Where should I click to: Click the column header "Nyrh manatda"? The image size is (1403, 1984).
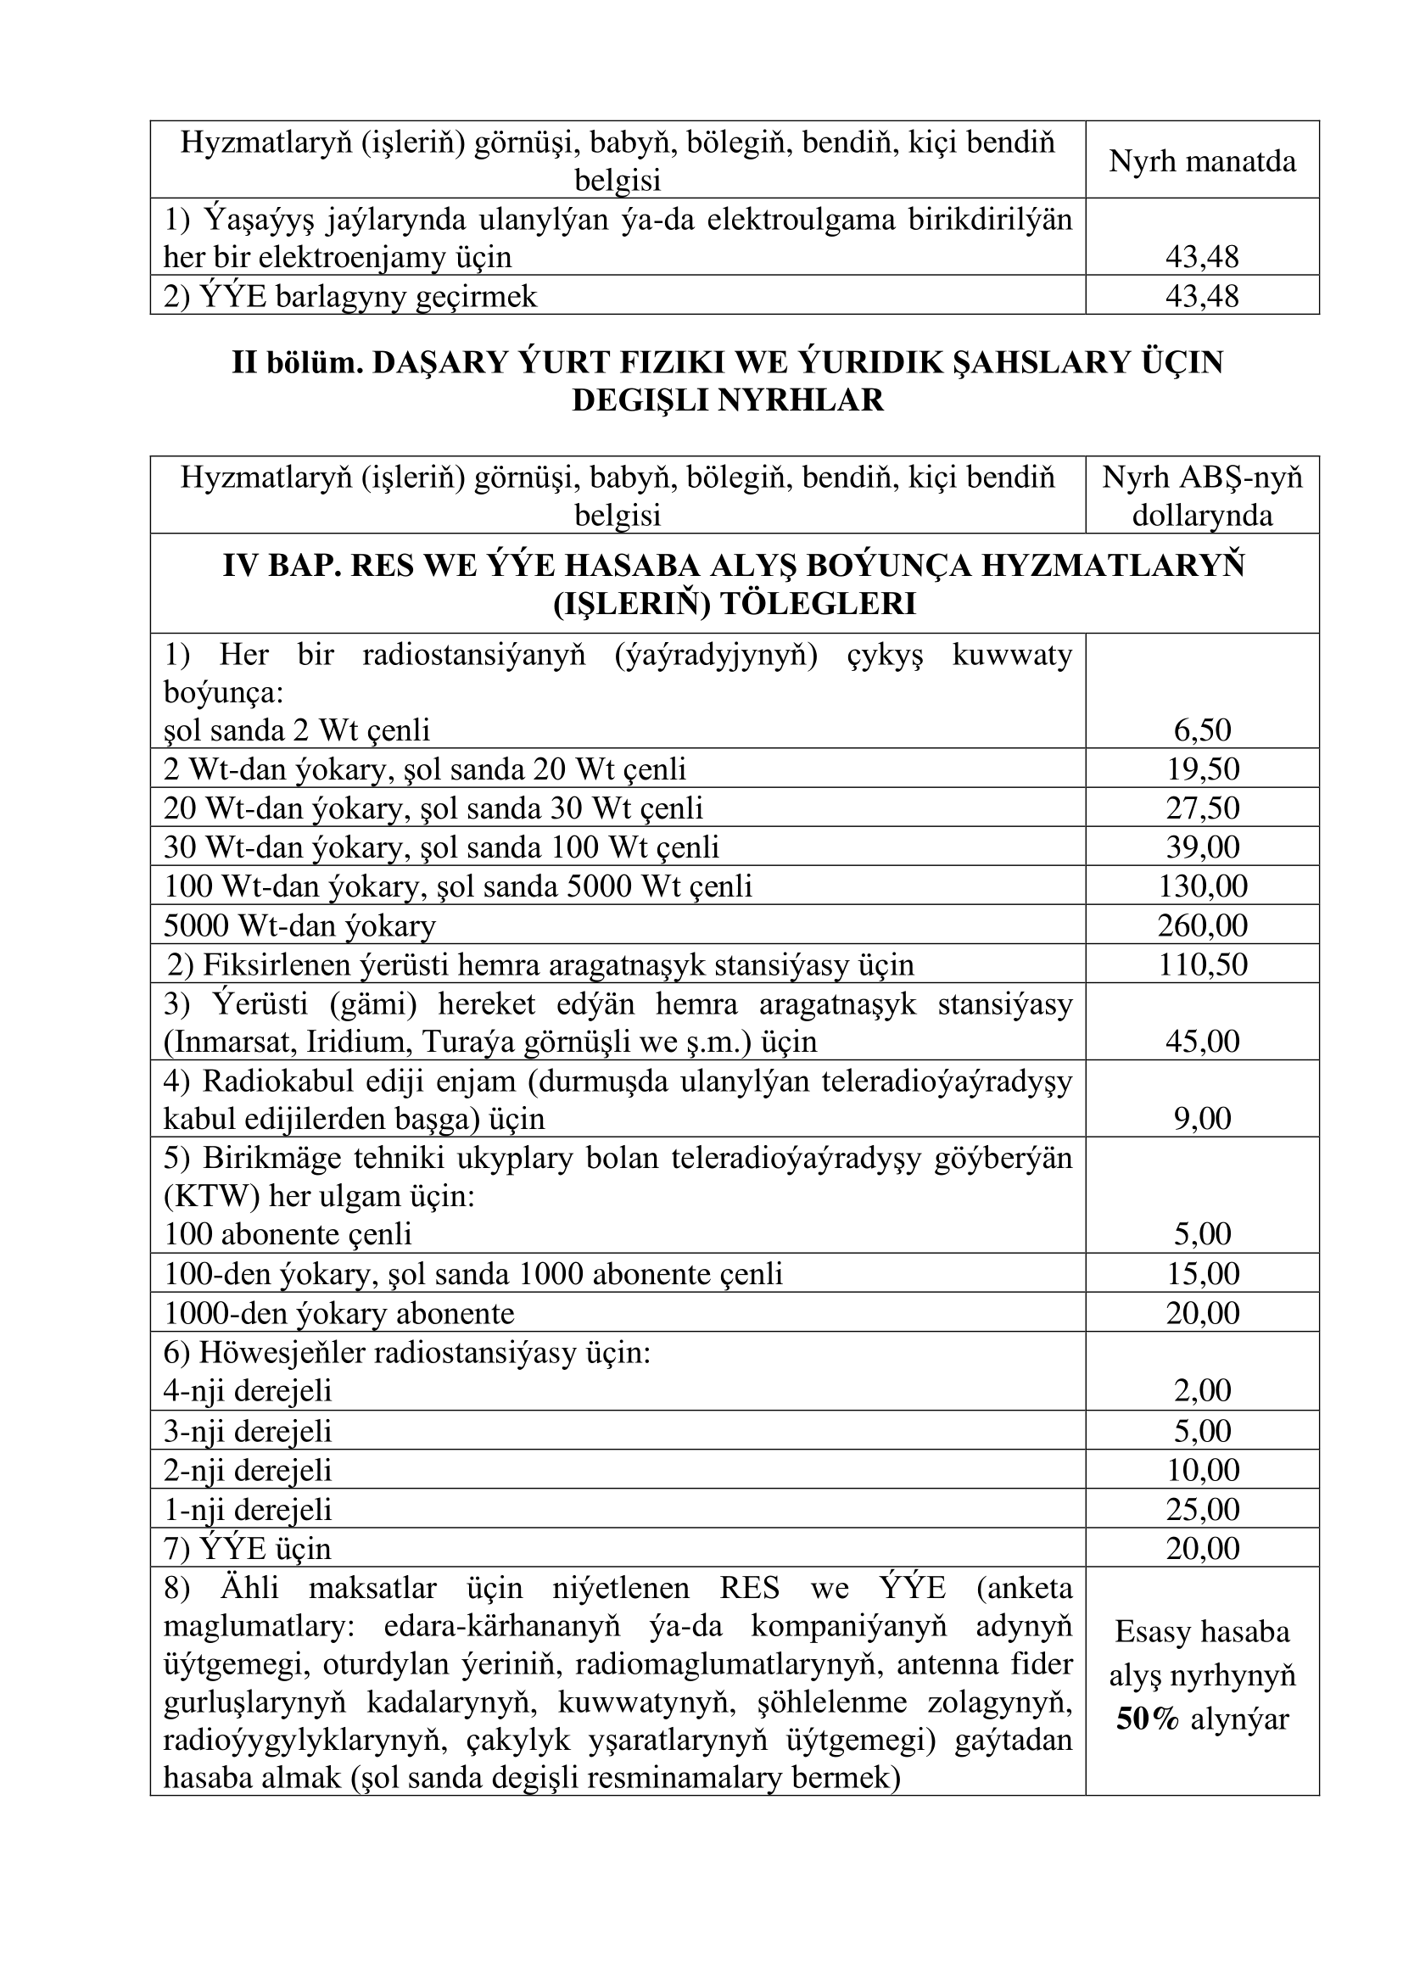coord(1202,162)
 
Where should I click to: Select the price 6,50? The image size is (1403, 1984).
coord(1202,730)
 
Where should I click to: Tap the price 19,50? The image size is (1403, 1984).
coord(1202,768)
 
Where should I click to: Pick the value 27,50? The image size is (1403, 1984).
coord(1202,808)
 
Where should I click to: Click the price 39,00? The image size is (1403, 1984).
coord(1202,847)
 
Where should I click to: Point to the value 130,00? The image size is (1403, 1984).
coord(1202,886)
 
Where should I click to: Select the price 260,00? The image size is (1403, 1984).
coord(1202,925)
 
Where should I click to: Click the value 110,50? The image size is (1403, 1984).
coord(1202,964)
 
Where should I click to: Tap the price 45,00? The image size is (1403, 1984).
coord(1202,1042)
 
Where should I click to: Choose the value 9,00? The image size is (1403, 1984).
coord(1202,1119)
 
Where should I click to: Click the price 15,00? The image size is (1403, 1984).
coord(1202,1274)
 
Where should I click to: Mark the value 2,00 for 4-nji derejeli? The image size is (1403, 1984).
coord(1202,1390)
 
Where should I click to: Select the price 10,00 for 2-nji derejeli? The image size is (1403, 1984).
coord(1202,1470)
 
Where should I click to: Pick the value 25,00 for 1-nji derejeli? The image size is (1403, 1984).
coord(1202,1510)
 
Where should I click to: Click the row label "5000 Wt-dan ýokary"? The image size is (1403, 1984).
coord(299,926)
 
